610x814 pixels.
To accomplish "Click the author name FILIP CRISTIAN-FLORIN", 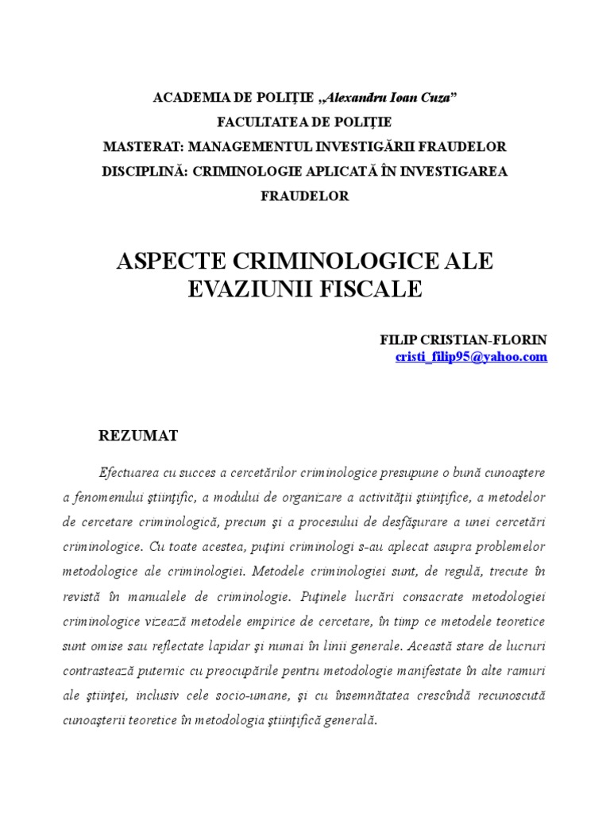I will coord(464,339).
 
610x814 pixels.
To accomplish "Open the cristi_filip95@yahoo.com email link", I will coord(471,357).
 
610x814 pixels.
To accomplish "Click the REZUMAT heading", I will coord(138,435).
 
